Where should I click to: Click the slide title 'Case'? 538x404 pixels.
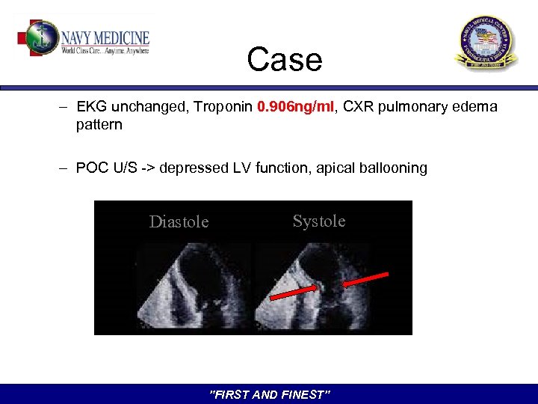[285, 59]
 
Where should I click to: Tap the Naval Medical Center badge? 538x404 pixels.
[486, 43]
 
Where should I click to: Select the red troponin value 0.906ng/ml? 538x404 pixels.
[296, 107]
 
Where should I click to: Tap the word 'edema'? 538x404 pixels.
[475, 107]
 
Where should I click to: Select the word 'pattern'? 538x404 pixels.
[99, 125]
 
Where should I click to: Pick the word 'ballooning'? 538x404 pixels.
[393, 168]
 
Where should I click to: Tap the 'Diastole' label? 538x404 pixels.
[179, 221]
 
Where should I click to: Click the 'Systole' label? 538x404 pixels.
[319, 221]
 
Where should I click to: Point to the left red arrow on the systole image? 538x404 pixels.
[291, 293]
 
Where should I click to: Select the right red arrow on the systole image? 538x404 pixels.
[366, 279]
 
